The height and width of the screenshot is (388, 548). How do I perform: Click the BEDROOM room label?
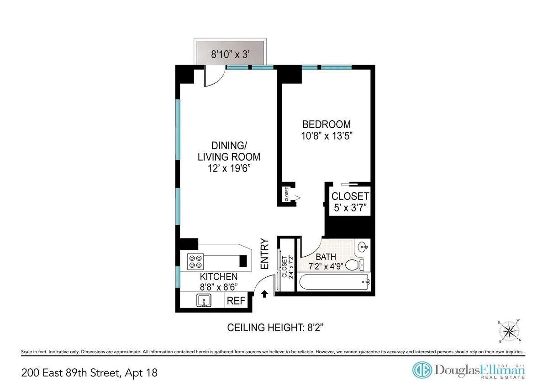pos(327,124)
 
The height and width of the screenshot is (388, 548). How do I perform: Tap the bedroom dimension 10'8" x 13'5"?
pos(327,136)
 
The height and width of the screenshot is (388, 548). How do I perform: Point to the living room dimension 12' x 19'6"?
pos(229,168)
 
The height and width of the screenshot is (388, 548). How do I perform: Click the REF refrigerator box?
pos(237,301)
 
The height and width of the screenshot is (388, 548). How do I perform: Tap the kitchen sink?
pos(204,301)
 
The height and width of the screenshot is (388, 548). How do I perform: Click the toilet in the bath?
pos(353,265)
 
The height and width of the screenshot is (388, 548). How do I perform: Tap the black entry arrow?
pos(264,294)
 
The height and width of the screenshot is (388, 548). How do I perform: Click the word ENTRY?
pos(264,254)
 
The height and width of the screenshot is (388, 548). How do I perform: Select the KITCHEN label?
pos(219,277)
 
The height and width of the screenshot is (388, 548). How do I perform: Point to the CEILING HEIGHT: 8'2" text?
pos(276,328)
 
